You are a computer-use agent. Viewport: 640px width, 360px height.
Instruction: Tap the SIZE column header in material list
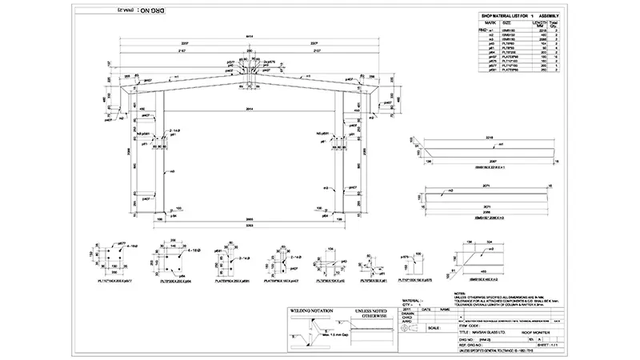pos(506,23)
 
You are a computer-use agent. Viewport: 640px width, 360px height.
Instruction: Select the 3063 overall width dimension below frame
pos(250,226)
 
